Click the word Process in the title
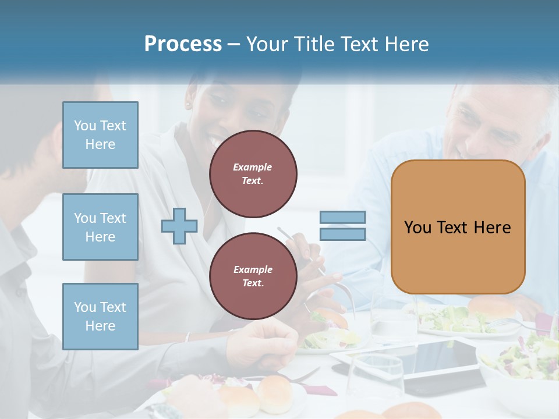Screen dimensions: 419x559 pos(183,44)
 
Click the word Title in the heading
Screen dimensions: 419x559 pos(317,44)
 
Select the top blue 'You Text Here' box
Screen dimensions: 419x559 pos(100,135)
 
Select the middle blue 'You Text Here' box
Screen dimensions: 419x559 pos(100,227)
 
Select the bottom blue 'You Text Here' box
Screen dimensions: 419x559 pos(100,316)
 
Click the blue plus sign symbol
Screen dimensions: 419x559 pos(179,226)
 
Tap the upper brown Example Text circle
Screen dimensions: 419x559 pos(253,173)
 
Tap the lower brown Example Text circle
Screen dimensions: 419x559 pos(253,276)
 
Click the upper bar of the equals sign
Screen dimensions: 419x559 pos(342,218)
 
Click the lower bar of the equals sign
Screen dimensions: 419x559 pos(342,234)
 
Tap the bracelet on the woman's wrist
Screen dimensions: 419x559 pos(187,337)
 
